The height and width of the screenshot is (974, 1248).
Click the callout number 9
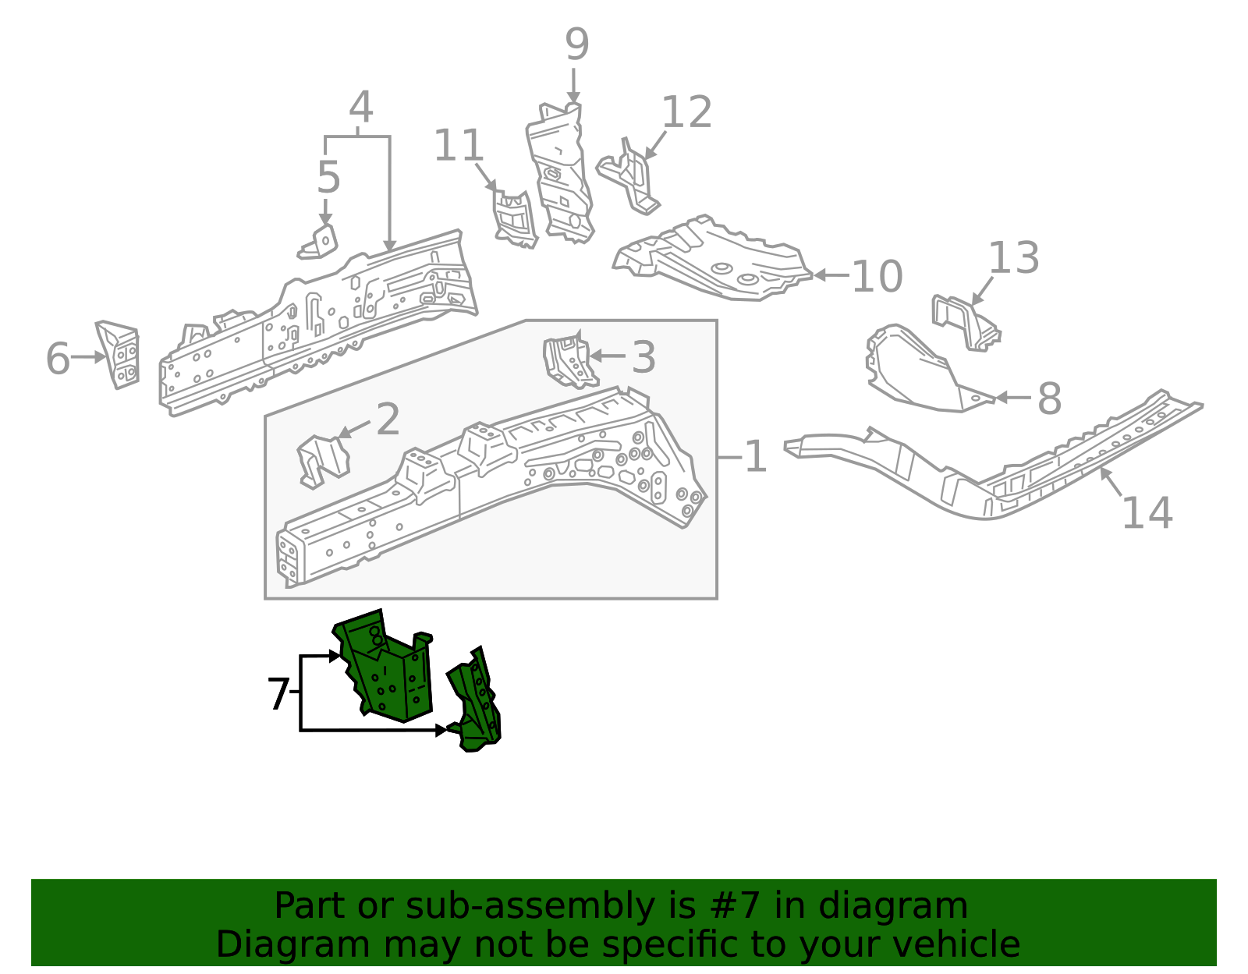576,44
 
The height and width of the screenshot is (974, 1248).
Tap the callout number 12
686,113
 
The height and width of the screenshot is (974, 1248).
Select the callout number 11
459,146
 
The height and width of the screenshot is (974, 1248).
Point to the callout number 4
360,108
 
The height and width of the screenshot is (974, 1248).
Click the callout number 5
328,178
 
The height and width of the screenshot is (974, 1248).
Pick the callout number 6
58,359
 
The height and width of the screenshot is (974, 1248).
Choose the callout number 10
877,277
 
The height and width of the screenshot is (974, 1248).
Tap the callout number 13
1013,258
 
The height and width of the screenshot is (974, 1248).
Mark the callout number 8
1049,398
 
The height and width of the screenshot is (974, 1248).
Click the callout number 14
1147,513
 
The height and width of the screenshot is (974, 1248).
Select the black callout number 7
278,694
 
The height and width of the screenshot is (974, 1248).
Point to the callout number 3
643,357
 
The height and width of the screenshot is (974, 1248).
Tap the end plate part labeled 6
119,355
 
